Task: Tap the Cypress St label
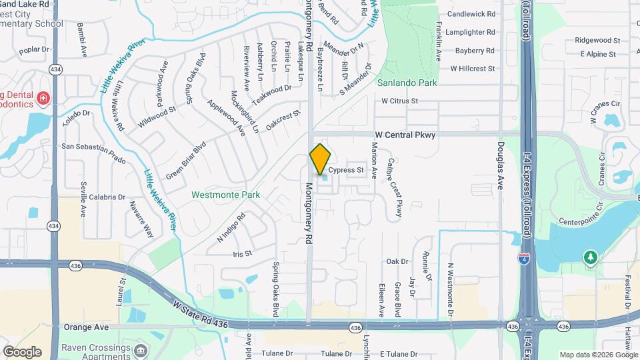point(346,171)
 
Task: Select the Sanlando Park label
point(407,83)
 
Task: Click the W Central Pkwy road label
point(405,135)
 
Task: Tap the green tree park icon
point(590,257)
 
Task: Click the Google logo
point(22,351)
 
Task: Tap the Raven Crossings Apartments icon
point(141,351)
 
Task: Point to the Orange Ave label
point(86,327)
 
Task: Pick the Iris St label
point(242,254)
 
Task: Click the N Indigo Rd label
point(231,226)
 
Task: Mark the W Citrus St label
point(399,101)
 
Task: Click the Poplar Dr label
point(35,50)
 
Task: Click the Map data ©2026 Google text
point(598,355)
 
